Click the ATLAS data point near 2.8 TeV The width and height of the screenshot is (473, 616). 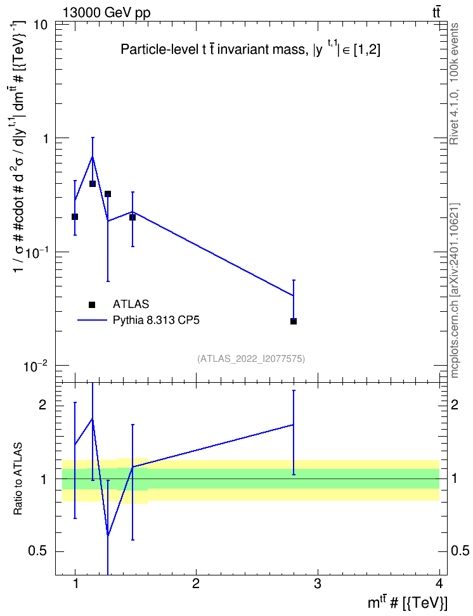tap(294, 321)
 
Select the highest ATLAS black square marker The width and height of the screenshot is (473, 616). tap(93, 183)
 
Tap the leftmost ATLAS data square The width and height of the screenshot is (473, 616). tap(75, 217)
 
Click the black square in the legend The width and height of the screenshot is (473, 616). tap(92, 304)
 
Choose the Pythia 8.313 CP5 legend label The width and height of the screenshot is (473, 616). tap(156, 320)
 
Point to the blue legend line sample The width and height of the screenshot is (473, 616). tap(92, 320)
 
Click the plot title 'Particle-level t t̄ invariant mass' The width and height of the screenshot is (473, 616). tap(212, 49)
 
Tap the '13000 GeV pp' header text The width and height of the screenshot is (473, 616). tap(106, 13)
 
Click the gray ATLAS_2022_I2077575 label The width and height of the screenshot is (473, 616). tap(251, 358)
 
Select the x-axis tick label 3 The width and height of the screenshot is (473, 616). tap(317, 584)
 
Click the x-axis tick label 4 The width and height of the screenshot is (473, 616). tap(439, 584)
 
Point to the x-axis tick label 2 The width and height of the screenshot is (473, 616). tap(196, 584)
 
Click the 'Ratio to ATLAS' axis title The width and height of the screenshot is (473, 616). tap(18, 479)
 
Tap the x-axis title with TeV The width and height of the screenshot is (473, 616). tap(407, 603)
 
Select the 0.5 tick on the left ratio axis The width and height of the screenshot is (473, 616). tap(37, 551)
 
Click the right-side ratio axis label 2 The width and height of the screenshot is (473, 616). tap(454, 404)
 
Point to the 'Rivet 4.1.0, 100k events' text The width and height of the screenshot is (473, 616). tap(454, 84)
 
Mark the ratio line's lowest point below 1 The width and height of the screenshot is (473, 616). tap(108, 536)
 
